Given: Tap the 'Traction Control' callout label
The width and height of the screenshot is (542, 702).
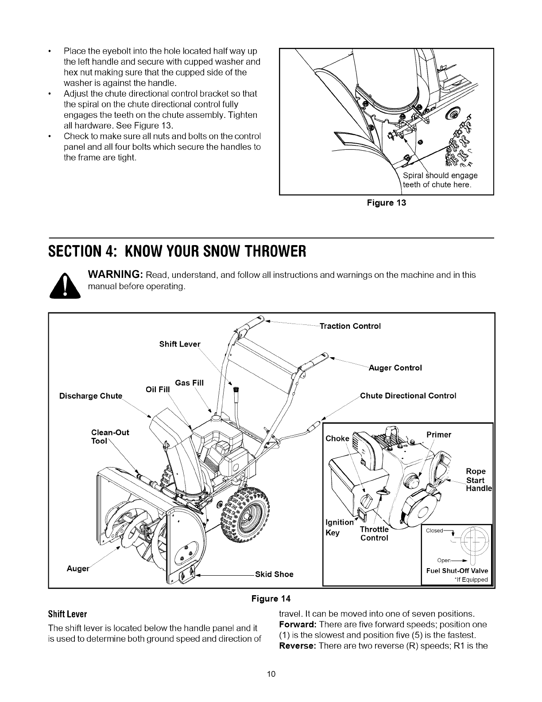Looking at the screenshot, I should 350,326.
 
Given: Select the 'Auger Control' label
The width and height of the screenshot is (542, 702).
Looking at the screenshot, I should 395,368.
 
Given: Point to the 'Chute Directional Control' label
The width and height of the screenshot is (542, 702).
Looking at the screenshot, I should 408,395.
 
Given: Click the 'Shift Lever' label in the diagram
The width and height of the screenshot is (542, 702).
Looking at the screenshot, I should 179,344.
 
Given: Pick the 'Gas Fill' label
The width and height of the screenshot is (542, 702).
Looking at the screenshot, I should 189,383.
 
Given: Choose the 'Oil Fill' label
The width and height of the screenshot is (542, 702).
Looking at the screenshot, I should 158,390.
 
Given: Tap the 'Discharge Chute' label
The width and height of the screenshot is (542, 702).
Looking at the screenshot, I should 90,396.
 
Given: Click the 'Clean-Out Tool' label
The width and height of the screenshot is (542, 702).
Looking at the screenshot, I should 109,437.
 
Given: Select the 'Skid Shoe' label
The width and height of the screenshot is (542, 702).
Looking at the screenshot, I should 274,574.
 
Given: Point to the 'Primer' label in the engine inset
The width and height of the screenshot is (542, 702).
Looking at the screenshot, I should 438,435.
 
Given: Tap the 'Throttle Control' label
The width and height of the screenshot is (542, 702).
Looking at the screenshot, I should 374,534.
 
